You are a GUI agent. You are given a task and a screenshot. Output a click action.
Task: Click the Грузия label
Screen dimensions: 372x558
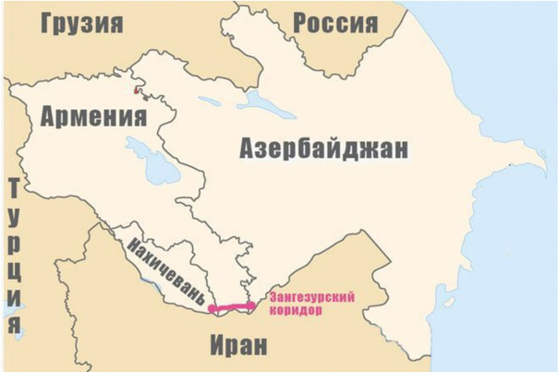tap(81, 22)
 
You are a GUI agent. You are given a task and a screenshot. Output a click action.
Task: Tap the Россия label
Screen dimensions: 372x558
tap(334, 22)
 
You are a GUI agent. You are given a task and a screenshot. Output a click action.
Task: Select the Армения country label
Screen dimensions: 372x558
tap(93, 116)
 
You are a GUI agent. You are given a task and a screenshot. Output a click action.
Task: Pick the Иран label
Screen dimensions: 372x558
tap(237, 346)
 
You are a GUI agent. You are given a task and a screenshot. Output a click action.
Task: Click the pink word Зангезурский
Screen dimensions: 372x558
tap(312, 298)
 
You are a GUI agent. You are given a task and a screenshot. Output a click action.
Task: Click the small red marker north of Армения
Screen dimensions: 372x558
tap(139, 90)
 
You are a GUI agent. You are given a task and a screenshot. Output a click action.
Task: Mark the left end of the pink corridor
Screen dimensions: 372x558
tap(212, 307)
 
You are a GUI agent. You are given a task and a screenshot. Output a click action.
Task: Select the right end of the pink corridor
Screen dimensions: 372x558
tap(252, 304)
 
